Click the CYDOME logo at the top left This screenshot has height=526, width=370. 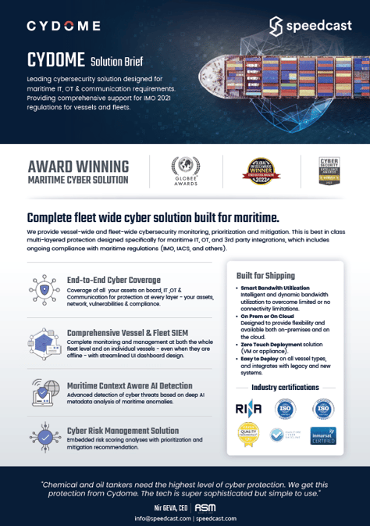point(63,26)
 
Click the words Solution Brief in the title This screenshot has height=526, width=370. point(116,61)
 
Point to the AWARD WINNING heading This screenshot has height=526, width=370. point(77,166)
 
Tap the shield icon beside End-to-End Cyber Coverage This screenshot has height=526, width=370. point(45,288)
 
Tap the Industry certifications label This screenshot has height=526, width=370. point(285,387)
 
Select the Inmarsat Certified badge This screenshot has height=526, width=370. point(322,435)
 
